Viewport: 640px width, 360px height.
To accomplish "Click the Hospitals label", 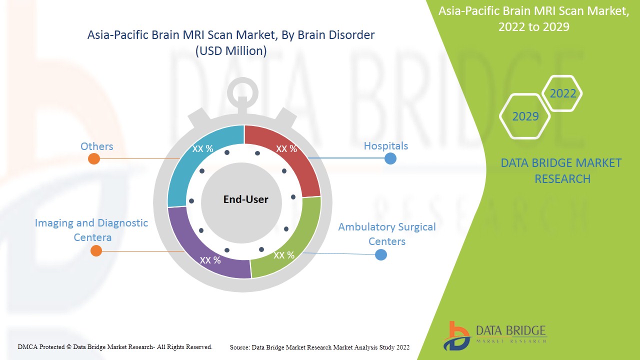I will coord(385,146).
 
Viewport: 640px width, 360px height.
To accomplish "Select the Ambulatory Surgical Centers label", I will coord(386,234).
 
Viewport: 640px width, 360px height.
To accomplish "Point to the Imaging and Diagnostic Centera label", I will coord(91,230).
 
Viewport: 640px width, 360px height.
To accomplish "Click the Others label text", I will coord(96,146).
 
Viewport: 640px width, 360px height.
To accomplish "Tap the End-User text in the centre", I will coord(245,199).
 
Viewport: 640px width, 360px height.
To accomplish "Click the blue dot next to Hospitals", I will coord(390,158).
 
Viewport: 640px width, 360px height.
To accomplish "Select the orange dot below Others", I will coord(93,159).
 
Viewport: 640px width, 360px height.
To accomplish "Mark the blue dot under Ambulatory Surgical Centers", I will coord(381,254).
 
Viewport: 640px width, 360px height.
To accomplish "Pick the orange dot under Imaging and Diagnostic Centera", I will coord(96,251).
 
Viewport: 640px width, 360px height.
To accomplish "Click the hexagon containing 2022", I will coord(562,93).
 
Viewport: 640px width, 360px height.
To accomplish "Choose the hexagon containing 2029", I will coord(525,116).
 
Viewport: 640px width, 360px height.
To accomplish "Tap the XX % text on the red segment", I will coord(286,149).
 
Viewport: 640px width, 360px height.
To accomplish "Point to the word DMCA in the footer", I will coord(27,346).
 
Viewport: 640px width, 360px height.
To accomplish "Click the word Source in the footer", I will coord(240,347).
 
